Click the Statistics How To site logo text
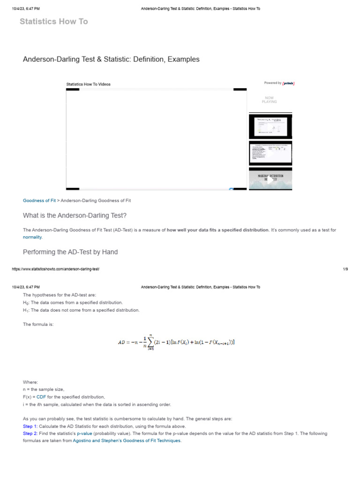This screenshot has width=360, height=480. point(53,22)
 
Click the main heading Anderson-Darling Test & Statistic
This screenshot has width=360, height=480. point(111,60)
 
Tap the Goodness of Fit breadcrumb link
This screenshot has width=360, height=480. point(39,201)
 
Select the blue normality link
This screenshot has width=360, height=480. point(32,237)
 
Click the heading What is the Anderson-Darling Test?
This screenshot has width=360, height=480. point(75,216)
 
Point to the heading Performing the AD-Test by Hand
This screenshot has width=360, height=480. point(70,252)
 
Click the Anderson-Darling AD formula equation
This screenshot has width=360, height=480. point(176,342)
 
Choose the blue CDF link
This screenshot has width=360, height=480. point(41,397)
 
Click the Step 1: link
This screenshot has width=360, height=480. point(30,427)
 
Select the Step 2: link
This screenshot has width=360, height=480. point(30,434)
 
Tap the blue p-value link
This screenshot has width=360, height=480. point(85,434)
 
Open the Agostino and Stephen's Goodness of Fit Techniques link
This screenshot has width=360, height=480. point(127,441)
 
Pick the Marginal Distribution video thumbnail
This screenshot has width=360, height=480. point(270,179)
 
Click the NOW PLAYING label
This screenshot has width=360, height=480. point(270,100)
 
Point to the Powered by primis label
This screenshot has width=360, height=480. point(279,83)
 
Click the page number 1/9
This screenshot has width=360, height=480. point(345,269)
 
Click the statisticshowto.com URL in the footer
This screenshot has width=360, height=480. point(56,269)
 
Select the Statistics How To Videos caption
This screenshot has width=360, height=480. point(89,84)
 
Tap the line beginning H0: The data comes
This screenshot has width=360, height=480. point(73,303)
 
